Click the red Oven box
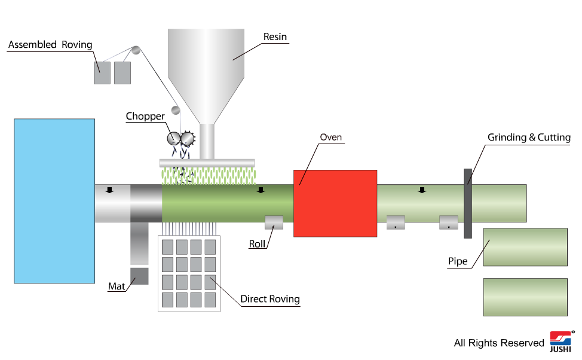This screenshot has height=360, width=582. (335, 203)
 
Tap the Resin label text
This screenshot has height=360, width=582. (275, 37)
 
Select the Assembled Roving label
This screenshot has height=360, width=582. (50, 45)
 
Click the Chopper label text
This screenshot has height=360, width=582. (145, 116)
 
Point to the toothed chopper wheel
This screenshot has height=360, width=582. (188, 139)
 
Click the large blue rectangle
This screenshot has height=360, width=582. (54, 201)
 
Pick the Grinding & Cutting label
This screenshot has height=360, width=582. (529, 138)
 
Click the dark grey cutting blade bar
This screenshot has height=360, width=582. (468, 203)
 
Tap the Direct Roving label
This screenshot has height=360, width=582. (270, 299)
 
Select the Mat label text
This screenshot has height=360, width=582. (117, 286)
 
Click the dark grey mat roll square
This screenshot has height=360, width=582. (139, 276)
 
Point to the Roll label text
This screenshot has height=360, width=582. (257, 244)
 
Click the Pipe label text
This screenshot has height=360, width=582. (458, 261)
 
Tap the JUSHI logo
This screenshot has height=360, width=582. (560, 341)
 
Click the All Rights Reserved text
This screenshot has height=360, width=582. (499, 343)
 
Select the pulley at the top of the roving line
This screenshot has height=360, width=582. (136, 50)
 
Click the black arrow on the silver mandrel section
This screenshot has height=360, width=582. (109, 190)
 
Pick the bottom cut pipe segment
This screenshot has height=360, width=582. (525, 297)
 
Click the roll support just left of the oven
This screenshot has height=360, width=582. (274, 222)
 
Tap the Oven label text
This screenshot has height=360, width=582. (330, 138)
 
